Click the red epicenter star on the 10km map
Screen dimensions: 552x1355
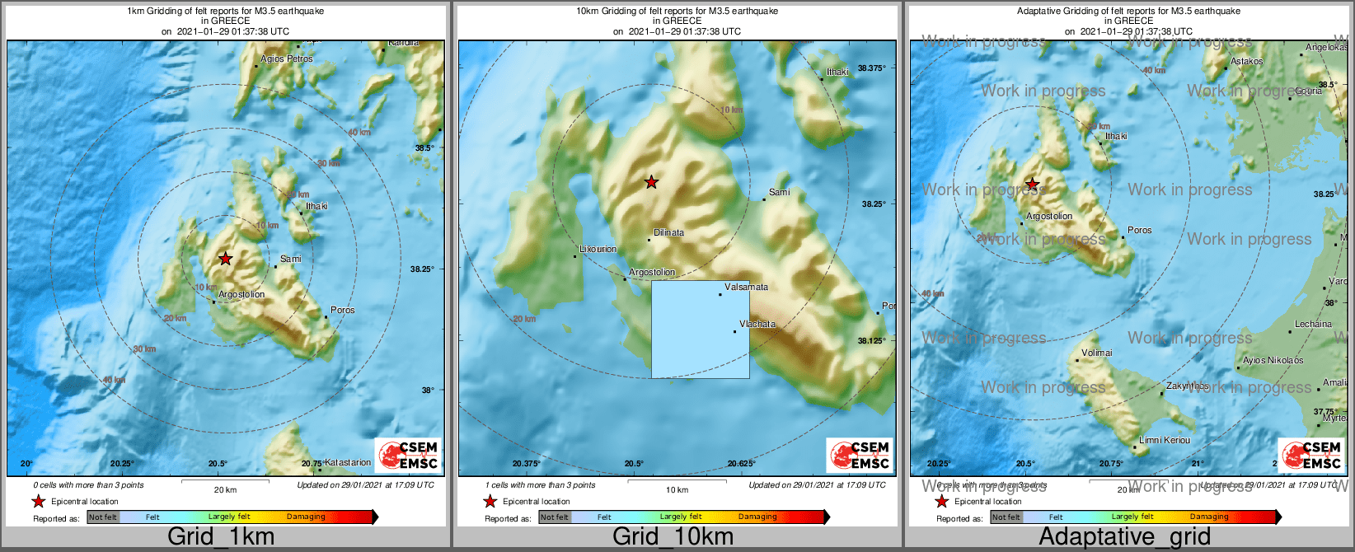652,182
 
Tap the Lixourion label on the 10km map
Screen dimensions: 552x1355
598,249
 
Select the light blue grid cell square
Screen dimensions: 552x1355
701,330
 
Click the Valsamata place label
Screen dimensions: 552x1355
746,288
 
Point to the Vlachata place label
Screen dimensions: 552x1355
757,325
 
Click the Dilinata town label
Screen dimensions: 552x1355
668,233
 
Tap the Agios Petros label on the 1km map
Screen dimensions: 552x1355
287,59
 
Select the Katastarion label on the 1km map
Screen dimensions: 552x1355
347,463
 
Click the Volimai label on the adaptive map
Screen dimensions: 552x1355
1097,353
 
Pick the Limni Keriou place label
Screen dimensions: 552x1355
1165,441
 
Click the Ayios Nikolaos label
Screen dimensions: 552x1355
1273,361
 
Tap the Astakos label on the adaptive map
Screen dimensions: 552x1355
1246,62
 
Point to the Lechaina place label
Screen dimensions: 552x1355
1313,325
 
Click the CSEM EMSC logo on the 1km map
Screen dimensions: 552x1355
408,455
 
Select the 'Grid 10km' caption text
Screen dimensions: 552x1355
673,537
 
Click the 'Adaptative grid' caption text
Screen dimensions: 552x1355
1124,537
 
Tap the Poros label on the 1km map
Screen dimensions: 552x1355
342,311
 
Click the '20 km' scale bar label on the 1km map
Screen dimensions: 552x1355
225,490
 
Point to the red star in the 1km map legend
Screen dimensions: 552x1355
38,501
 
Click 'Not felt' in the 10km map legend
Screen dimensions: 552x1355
555,517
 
